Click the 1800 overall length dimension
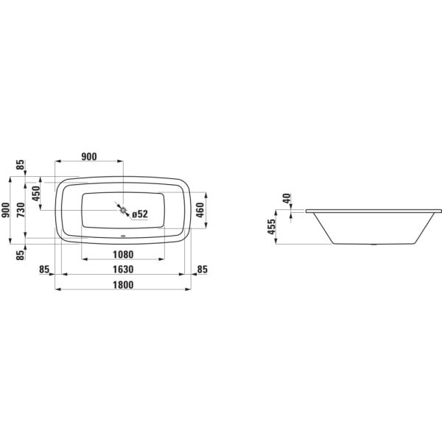(x=123, y=284)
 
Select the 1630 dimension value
(x=123, y=270)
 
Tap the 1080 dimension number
(x=123, y=255)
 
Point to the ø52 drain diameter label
(x=140, y=214)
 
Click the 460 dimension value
(x=200, y=210)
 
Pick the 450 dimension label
(x=36, y=193)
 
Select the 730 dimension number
(x=21, y=210)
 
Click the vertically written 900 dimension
(x=6, y=210)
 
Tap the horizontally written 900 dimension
(x=89, y=156)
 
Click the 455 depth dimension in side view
(x=271, y=227)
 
